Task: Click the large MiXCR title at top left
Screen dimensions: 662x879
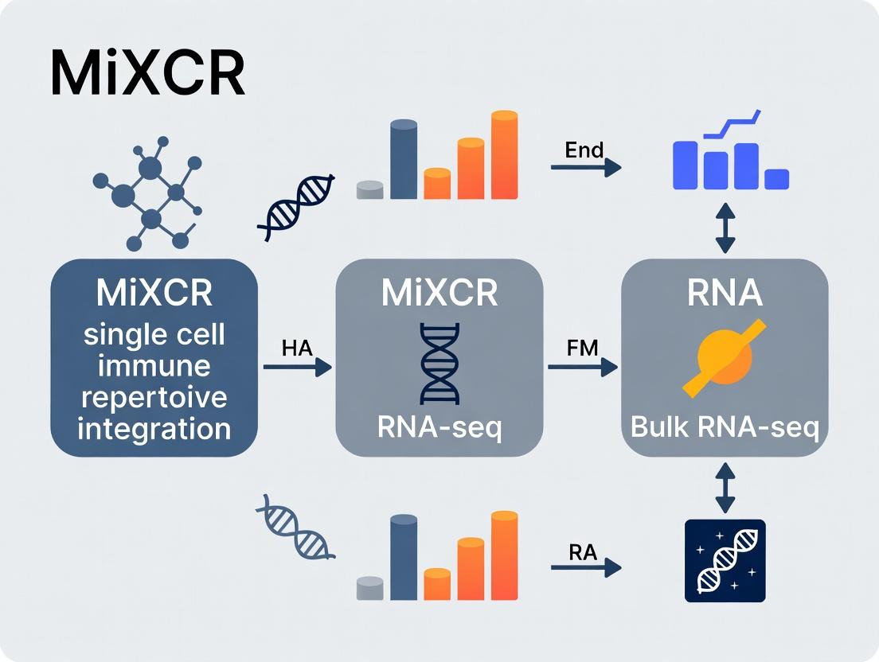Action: point(147,74)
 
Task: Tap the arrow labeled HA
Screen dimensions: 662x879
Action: point(297,367)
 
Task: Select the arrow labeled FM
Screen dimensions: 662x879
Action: point(583,367)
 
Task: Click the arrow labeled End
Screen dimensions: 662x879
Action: point(585,167)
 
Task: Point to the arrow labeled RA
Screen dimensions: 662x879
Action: point(585,567)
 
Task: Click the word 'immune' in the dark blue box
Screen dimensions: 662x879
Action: point(154,366)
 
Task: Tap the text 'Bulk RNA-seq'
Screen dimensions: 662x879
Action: point(724,427)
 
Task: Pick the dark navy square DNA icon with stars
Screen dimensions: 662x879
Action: point(725,560)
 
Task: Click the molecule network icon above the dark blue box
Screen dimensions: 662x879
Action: point(148,194)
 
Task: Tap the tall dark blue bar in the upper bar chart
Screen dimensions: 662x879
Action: point(404,159)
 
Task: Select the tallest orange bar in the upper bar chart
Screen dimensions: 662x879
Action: point(504,154)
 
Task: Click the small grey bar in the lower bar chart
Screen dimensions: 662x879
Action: point(369,587)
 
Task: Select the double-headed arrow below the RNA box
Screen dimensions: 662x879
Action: point(725,489)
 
